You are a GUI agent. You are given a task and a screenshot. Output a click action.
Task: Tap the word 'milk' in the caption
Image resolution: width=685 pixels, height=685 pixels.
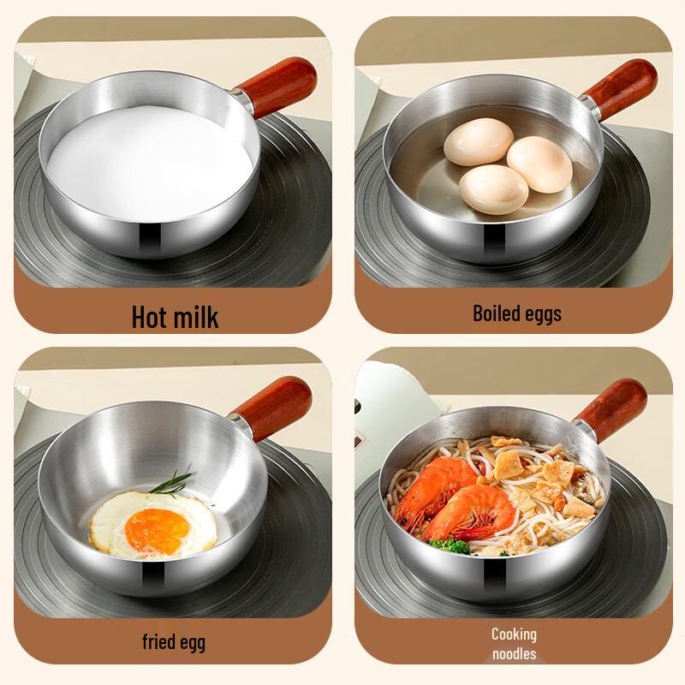(196, 316)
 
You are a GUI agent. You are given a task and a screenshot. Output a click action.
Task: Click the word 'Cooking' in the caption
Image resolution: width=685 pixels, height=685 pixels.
(514, 634)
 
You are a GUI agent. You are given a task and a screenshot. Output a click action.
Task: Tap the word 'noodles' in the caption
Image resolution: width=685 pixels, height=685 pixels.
(514, 654)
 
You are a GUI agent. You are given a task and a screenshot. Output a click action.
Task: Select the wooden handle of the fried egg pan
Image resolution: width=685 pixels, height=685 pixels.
(275, 402)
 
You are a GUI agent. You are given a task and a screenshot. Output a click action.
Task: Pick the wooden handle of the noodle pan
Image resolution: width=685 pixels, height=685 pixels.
(611, 403)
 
